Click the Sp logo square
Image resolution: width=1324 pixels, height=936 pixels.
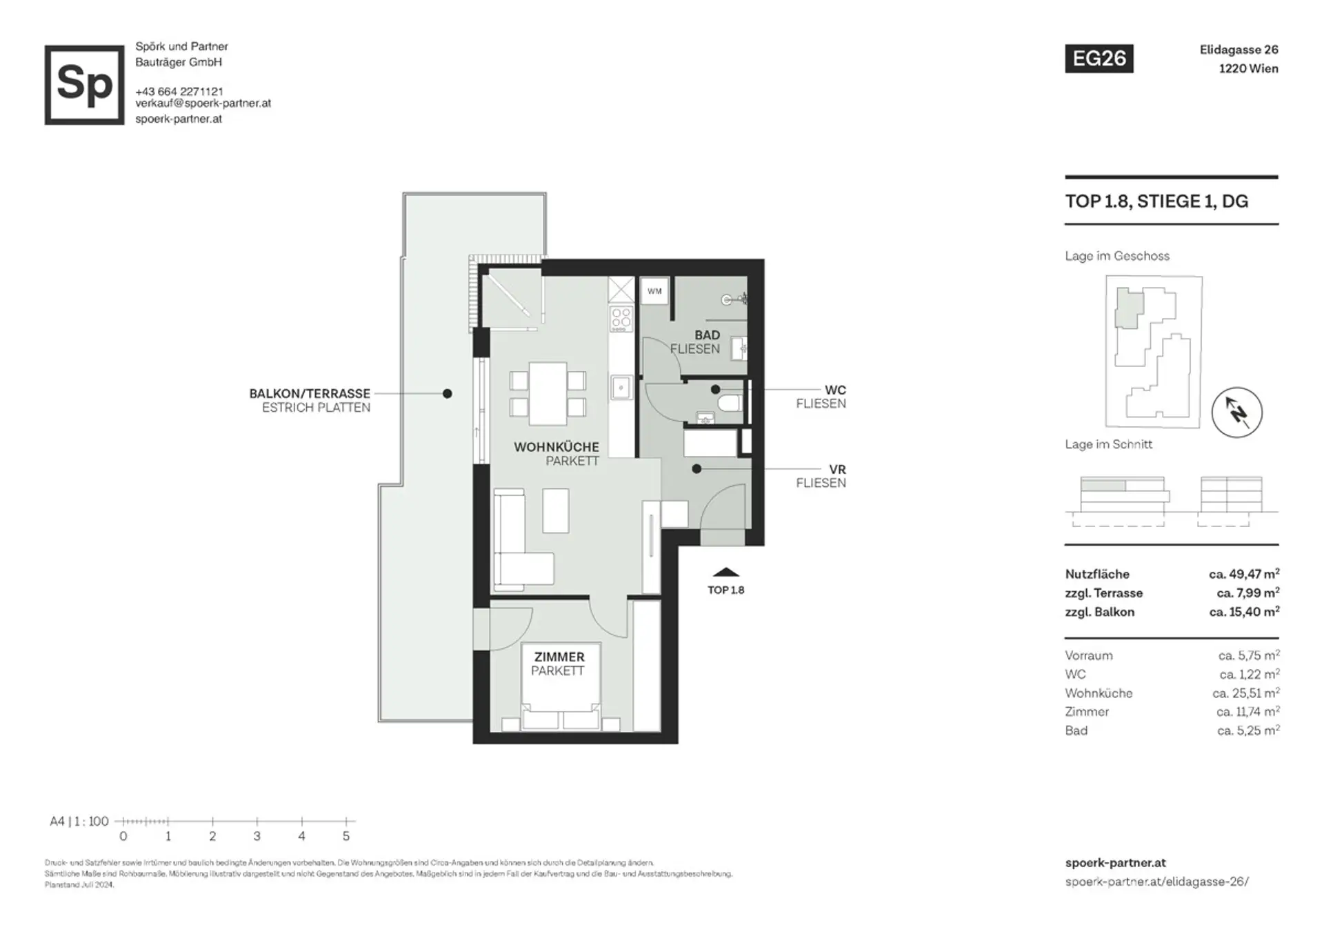point(84,85)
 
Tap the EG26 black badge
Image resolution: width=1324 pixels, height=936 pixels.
point(1099,59)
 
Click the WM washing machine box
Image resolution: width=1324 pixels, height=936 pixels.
point(654,291)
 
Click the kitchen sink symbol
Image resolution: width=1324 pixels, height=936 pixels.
point(621,387)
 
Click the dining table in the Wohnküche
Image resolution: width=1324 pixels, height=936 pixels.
point(548,394)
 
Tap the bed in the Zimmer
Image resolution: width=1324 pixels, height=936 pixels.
point(561,686)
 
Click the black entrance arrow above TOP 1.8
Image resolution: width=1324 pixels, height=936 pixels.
point(725,572)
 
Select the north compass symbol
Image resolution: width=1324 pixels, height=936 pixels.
point(1237,412)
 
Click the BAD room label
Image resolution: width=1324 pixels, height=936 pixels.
point(707,335)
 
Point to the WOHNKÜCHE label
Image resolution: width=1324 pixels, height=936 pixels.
point(556,447)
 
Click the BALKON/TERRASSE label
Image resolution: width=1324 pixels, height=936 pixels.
point(310,394)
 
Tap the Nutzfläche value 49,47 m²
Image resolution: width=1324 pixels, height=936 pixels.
point(1244,574)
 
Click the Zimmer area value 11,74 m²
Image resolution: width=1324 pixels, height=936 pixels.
point(1248,711)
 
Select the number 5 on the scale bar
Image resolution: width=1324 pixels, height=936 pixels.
point(346,836)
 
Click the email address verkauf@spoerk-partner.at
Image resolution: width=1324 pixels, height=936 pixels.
point(203,103)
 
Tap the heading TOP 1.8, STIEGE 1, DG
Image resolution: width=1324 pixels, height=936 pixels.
point(1156,201)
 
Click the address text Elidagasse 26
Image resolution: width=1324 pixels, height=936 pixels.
point(1238,50)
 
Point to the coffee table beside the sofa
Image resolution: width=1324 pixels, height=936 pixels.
point(556,510)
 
